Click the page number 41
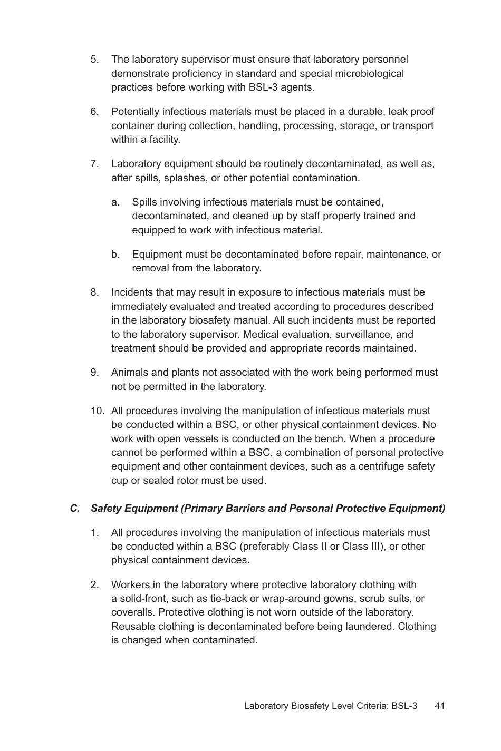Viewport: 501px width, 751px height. point(440,706)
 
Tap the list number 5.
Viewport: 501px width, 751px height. point(94,60)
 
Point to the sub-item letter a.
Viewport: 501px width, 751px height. point(115,202)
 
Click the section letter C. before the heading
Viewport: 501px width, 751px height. point(75,509)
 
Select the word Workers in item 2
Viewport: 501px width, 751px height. point(129,585)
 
